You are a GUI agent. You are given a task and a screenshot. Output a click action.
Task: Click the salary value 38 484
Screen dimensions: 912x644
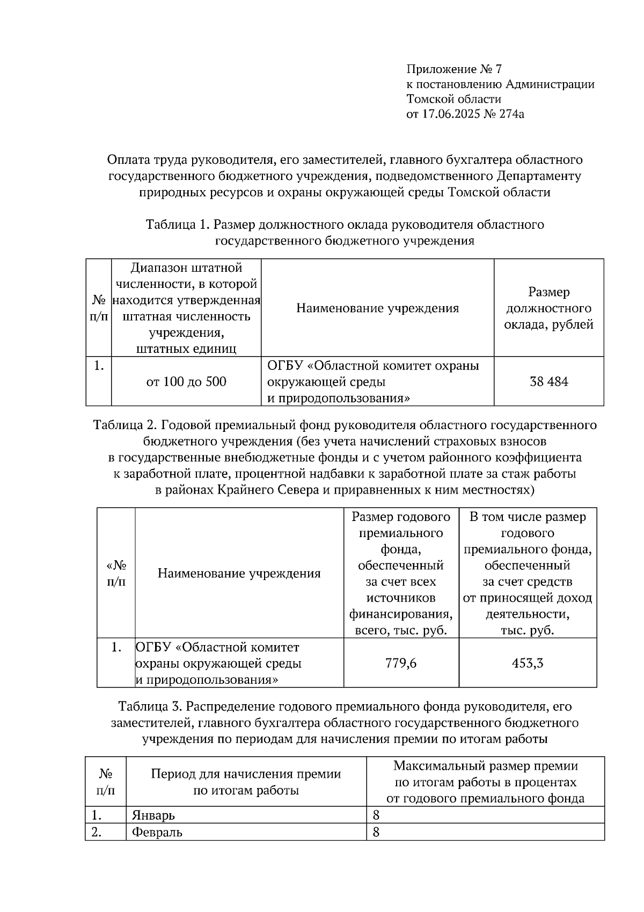coord(548,382)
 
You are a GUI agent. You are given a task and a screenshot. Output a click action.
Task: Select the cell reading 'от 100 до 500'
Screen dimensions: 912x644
coord(186,382)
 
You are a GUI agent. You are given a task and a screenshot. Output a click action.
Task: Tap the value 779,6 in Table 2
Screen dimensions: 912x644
coord(401,663)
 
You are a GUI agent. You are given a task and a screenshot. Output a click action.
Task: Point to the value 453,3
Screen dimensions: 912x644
coord(528,663)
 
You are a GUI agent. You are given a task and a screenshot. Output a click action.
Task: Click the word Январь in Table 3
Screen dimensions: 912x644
coord(153,815)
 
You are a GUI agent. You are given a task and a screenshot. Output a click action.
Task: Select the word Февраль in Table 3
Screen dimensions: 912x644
coord(157,833)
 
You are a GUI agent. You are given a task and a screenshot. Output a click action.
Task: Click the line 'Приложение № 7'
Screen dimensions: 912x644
coord(453,69)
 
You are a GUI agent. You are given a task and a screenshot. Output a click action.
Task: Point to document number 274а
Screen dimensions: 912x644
coord(510,114)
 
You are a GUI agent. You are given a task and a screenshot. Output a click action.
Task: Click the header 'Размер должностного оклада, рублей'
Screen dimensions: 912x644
coord(548,308)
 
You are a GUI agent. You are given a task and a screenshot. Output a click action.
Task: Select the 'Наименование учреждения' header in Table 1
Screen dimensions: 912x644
coord(377,308)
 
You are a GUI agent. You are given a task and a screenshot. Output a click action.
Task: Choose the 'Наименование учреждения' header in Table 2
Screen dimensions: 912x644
coord(239,574)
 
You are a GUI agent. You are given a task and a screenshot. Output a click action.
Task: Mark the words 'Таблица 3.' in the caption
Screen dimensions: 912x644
coord(149,706)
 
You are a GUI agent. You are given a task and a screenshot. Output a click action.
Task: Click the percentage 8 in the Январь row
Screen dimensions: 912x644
coord(376,815)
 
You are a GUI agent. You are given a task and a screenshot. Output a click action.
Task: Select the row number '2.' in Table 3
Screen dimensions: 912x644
coord(97,833)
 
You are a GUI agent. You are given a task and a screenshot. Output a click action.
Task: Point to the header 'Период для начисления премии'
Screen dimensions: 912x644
coord(246,774)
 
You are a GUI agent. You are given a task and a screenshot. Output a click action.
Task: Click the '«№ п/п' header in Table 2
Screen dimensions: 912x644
coord(116,574)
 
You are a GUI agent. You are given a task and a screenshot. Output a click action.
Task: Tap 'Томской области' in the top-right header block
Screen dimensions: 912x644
coord(453,99)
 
